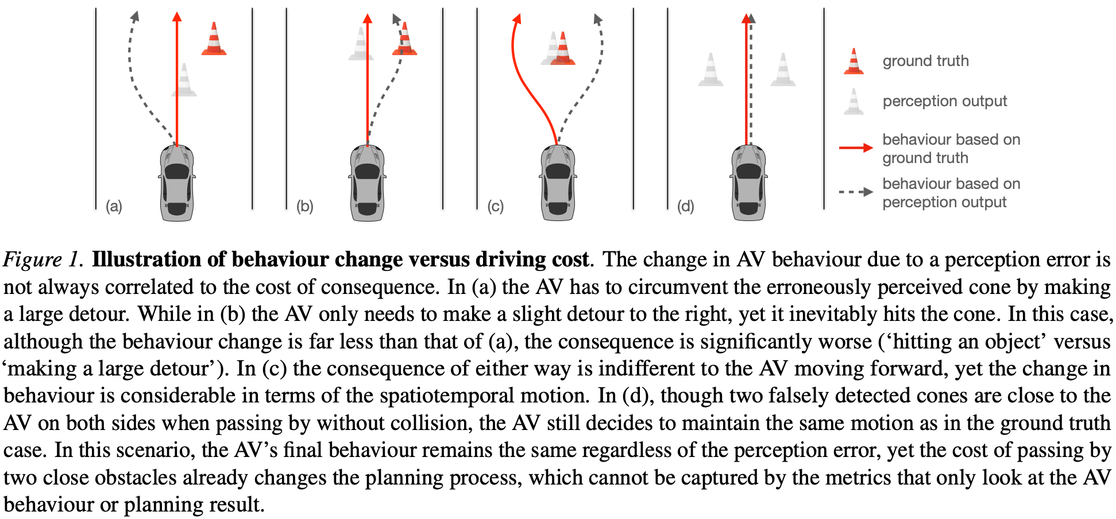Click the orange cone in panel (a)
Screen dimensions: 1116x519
(214, 40)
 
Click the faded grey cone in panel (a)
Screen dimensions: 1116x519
(184, 80)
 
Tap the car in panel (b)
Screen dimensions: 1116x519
(367, 183)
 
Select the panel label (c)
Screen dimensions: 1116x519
(495, 206)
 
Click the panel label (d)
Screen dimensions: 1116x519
(685, 206)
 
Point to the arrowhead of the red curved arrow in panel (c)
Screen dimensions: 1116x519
(517, 19)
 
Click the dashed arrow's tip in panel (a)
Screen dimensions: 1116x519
(135, 16)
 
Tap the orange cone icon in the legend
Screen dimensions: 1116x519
(854, 61)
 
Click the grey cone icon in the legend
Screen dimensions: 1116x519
(854, 102)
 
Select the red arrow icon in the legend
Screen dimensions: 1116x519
(856, 148)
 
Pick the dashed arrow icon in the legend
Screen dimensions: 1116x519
(856, 192)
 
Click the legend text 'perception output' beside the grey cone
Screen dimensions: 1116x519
(944, 102)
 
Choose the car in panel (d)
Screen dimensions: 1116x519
(748, 183)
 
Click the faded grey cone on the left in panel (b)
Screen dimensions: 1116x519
(361, 44)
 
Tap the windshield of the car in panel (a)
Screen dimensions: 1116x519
(177, 171)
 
